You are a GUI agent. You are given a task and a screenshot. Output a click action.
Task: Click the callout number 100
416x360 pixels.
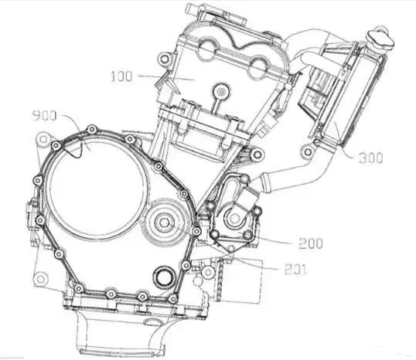point(121,76)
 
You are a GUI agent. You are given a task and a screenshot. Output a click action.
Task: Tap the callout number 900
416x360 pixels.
point(44,116)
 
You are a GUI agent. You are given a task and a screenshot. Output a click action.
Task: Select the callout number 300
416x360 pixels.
point(370,158)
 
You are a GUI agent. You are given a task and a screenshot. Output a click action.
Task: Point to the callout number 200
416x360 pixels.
point(311,243)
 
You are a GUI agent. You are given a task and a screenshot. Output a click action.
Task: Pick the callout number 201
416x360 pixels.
point(295,270)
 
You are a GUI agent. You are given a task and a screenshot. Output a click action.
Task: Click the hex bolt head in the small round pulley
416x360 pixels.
point(162,222)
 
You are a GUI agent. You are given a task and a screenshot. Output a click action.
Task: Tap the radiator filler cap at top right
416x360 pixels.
point(380,39)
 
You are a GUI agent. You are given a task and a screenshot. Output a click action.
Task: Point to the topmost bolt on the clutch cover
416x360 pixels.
point(92,130)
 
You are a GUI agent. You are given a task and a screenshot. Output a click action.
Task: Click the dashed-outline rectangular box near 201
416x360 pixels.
point(241,280)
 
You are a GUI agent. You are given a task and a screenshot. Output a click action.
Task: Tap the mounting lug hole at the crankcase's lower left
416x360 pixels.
point(40,279)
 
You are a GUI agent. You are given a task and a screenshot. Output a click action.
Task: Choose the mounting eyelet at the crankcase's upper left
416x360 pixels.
point(43,139)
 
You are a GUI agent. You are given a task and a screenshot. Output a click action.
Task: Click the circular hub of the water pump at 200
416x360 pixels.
point(234,218)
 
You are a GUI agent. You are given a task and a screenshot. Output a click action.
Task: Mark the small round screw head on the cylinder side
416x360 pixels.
point(221,92)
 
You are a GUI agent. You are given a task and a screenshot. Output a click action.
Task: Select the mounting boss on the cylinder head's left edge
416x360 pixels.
point(164,59)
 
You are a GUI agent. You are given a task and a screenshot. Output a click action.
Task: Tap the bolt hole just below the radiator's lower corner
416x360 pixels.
point(307,152)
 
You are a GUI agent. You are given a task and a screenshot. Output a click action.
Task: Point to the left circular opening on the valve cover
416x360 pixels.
point(207,49)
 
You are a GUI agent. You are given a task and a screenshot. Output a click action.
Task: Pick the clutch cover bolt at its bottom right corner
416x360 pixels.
point(172,299)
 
